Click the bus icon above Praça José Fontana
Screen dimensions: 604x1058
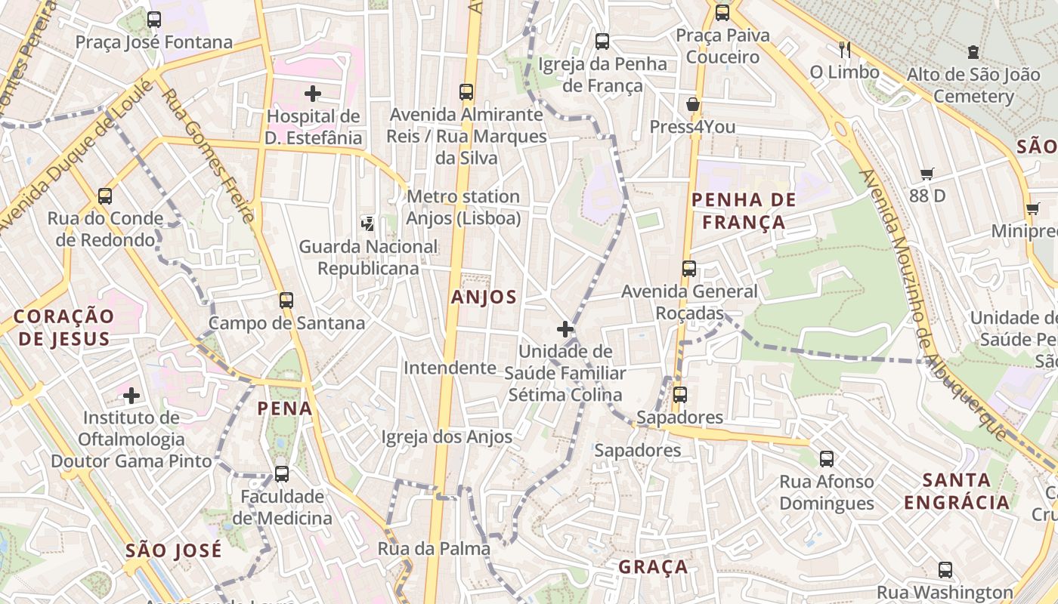[154, 20]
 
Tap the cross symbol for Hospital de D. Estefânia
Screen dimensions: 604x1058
[313, 94]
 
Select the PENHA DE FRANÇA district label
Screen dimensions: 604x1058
[744, 211]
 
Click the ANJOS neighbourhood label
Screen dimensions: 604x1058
[484, 297]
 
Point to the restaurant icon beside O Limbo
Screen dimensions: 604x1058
[845, 50]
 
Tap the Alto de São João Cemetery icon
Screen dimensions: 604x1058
[973, 52]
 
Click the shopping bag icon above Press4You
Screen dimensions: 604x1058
[692, 104]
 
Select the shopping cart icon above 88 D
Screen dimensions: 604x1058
[927, 174]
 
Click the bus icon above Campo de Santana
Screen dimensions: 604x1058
[286, 300]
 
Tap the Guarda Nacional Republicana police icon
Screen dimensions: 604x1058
[368, 223]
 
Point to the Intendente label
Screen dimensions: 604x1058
[450, 368]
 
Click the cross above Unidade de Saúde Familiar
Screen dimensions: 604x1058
[565, 329]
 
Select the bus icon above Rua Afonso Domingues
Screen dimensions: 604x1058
[827, 458]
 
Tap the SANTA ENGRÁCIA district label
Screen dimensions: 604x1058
[957, 491]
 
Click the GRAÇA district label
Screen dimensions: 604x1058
[653, 567]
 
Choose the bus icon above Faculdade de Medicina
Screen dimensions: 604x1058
[281, 473]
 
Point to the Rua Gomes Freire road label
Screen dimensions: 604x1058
[208, 155]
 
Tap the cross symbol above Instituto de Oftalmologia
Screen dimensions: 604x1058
[131, 395]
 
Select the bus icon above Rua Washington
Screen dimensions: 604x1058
[945, 570]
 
